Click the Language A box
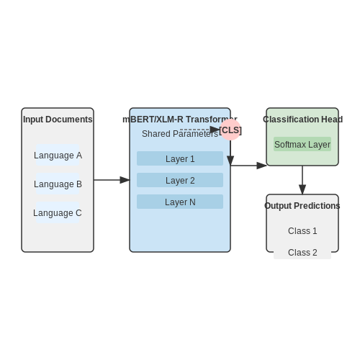click(58, 155)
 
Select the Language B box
click(58, 184)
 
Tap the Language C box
click(58, 212)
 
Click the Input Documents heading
click(58, 120)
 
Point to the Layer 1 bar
click(180, 158)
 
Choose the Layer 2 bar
click(180, 180)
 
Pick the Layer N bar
click(180, 202)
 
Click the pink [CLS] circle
click(230, 130)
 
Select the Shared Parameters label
click(180, 134)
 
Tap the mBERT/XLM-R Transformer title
click(180, 120)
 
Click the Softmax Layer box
click(302, 144)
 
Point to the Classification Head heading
click(302, 120)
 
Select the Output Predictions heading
click(302, 206)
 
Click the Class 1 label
click(302, 231)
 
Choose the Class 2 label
click(302, 253)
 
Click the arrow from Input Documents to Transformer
click(112, 180)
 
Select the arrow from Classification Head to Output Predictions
click(302, 180)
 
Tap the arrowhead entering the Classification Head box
click(261, 166)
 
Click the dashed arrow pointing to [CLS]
click(200, 130)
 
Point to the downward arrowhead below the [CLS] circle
click(230, 161)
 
